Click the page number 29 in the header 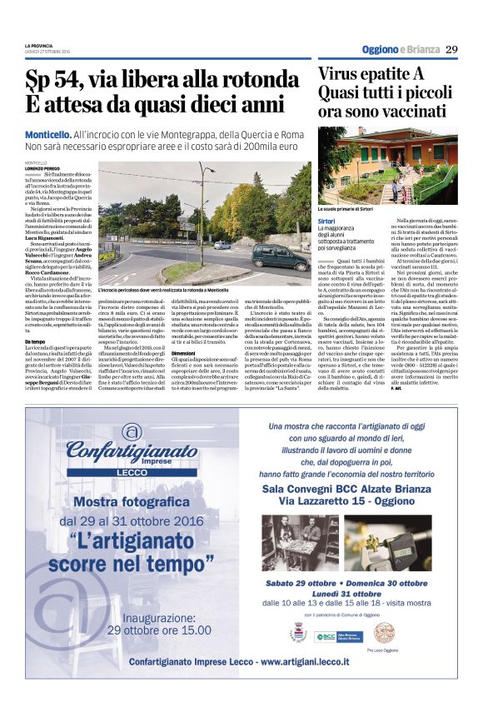pos(451,49)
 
